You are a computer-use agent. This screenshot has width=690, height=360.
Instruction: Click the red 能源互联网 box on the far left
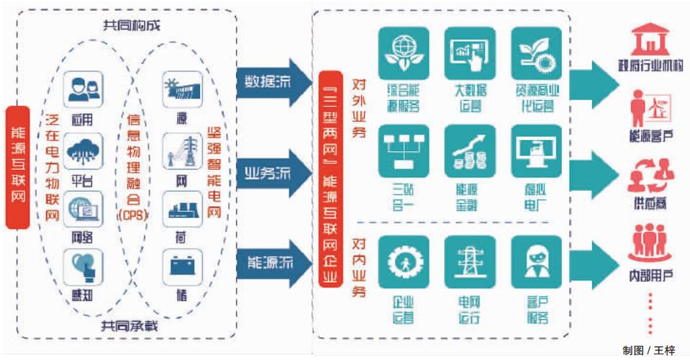tap(17, 167)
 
